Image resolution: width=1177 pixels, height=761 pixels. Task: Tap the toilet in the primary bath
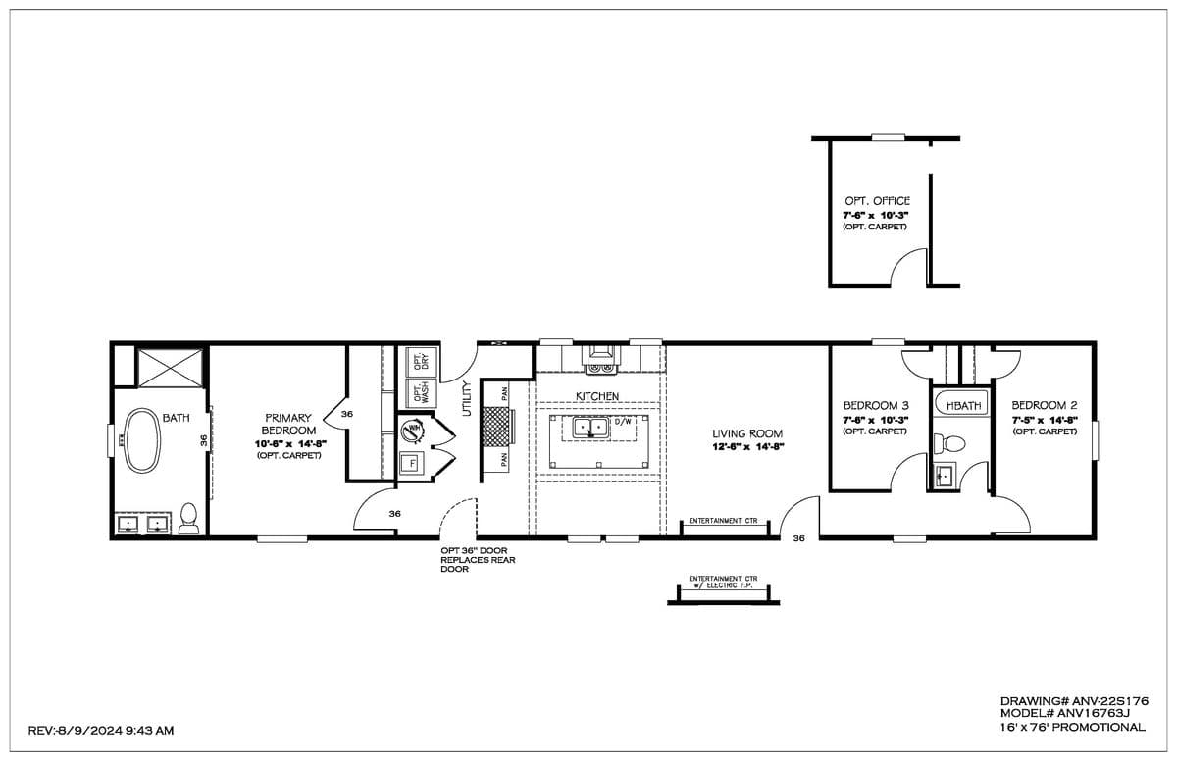(188, 520)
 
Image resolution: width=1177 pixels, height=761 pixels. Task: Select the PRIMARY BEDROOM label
(288, 425)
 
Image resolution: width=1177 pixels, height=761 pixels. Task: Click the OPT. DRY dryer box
(421, 362)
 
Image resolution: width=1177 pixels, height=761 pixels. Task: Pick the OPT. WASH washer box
(421, 394)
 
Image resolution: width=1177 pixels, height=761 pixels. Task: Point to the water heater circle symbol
(413, 431)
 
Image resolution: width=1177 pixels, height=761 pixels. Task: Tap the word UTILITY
(468, 398)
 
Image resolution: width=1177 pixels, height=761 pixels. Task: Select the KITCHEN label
(597, 396)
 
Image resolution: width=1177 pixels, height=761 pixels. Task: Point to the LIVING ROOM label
(747, 433)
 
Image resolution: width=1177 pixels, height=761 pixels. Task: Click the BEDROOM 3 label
(876, 405)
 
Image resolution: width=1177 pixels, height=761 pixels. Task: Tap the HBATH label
(964, 405)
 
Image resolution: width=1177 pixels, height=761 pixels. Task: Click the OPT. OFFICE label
(877, 201)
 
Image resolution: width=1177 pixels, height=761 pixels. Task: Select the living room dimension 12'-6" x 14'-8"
(747, 447)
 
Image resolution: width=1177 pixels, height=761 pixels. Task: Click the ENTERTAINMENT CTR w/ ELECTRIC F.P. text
(723, 583)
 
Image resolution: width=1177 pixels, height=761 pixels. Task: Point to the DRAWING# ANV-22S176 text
(1073, 701)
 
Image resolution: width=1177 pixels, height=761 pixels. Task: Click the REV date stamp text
(102, 731)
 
